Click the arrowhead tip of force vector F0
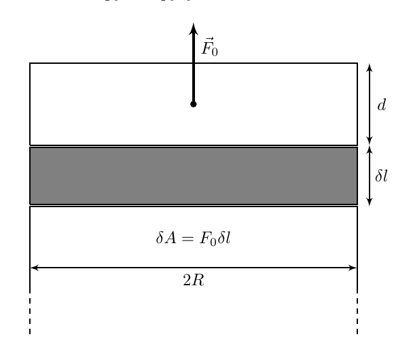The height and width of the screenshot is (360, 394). click(193, 23)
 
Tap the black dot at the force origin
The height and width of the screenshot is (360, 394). click(193, 104)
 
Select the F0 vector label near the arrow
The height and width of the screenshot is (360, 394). click(209, 47)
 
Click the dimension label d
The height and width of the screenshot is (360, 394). click(382, 105)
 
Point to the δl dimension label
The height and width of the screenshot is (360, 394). click(381, 176)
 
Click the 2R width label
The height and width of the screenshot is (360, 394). click(194, 280)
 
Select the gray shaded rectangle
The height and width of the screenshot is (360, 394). click(194, 176)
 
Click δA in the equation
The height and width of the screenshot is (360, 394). click(166, 238)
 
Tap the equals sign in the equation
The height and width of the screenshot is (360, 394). click(188, 238)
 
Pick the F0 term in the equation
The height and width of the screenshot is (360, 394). click(208, 238)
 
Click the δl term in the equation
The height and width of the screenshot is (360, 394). click(224, 238)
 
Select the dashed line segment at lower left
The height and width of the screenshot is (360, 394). click(30, 316)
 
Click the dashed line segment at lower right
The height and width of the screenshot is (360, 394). click(357, 316)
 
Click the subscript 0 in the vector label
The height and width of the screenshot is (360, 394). click(215, 52)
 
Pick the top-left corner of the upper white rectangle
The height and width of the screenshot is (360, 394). click(30, 63)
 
